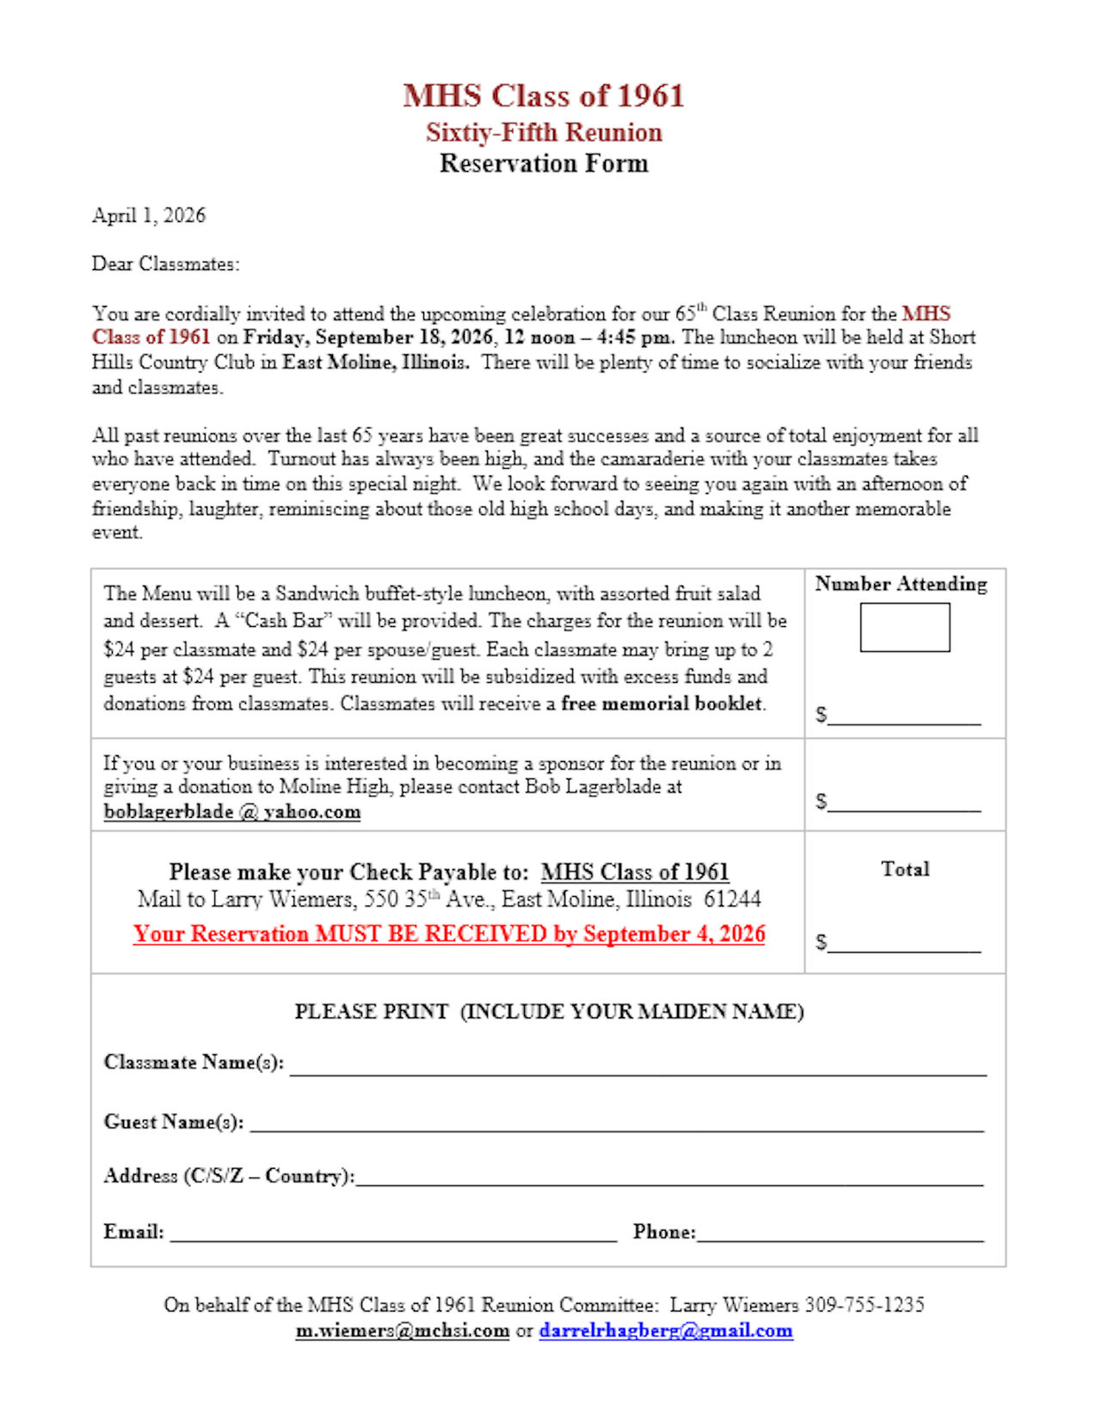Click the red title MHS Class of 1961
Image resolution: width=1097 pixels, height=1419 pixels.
point(543,95)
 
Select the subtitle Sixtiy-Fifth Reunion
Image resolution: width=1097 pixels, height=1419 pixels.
point(543,132)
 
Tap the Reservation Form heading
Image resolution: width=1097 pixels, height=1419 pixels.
point(543,163)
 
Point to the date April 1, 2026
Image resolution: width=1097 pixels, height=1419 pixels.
point(149,215)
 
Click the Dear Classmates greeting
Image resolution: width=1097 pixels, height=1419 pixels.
point(165,264)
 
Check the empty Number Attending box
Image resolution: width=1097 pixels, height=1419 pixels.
point(904,627)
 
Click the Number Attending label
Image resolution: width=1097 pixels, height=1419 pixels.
point(901,584)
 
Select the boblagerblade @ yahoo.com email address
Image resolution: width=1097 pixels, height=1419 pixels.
point(231,812)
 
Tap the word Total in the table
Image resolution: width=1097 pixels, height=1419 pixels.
point(904,869)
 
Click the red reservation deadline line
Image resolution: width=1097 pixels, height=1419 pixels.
point(449,934)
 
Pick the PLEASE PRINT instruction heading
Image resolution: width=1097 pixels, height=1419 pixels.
point(549,1011)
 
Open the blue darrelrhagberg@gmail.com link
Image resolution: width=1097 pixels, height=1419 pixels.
point(666,1331)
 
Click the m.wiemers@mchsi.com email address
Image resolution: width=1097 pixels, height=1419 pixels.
point(402,1331)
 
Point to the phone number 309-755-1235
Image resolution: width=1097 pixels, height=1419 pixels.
point(864,1305)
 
